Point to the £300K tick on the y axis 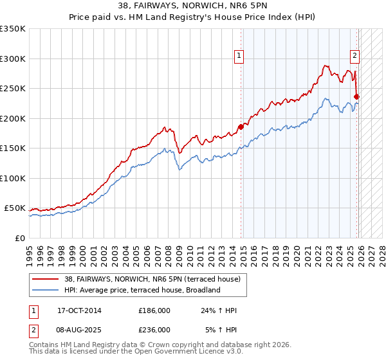(13, 59)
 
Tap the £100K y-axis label (13, 178)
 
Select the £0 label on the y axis (19, 238)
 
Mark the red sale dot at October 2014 (241, 127)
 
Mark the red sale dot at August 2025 (357, 97)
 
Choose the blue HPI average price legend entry (142, 290)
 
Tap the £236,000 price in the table (154, 329)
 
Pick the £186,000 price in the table (154, 310)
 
